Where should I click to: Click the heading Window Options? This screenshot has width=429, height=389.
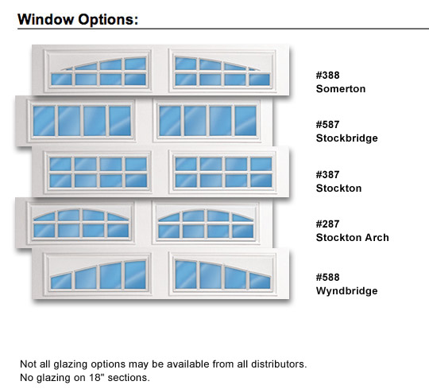(78, 20)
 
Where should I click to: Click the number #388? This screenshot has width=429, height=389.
(327, 76)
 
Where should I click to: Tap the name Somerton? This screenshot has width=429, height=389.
(341, 89)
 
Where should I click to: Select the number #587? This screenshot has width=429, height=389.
(327, 125)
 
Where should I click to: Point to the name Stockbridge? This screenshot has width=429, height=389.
(346, 138)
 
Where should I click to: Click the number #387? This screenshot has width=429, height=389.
(327, 175)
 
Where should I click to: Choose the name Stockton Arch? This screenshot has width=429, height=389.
(353, 238)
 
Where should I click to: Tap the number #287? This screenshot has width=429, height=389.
(327, 224)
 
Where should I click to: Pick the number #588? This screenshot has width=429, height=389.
(327, 277)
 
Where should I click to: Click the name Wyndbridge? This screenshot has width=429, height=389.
(346, 291)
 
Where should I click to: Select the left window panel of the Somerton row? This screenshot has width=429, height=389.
(98, 71)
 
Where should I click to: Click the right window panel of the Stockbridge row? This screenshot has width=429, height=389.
(207, 121)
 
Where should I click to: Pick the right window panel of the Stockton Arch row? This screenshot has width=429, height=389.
(206, 223)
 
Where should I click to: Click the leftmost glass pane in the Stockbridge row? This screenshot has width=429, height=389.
(44, 121)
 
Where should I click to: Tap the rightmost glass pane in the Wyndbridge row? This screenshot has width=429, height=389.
(260, 281)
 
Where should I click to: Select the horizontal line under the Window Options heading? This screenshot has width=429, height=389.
(223, 29)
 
